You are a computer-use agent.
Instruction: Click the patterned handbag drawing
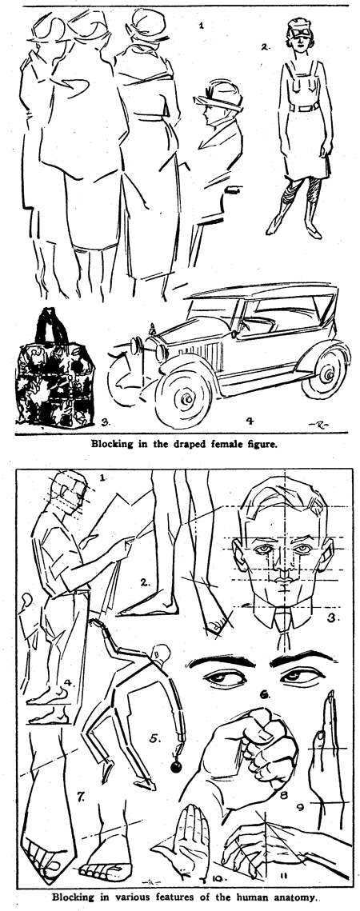click(54, 368)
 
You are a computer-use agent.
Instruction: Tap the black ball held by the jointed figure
click(176, 767)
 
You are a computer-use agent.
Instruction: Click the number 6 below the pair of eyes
click(265, 693)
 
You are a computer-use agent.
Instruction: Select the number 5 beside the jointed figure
click(154, 739)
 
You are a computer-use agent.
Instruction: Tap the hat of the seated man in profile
click(219, 97)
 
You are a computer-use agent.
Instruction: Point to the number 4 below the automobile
click(250, 421)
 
